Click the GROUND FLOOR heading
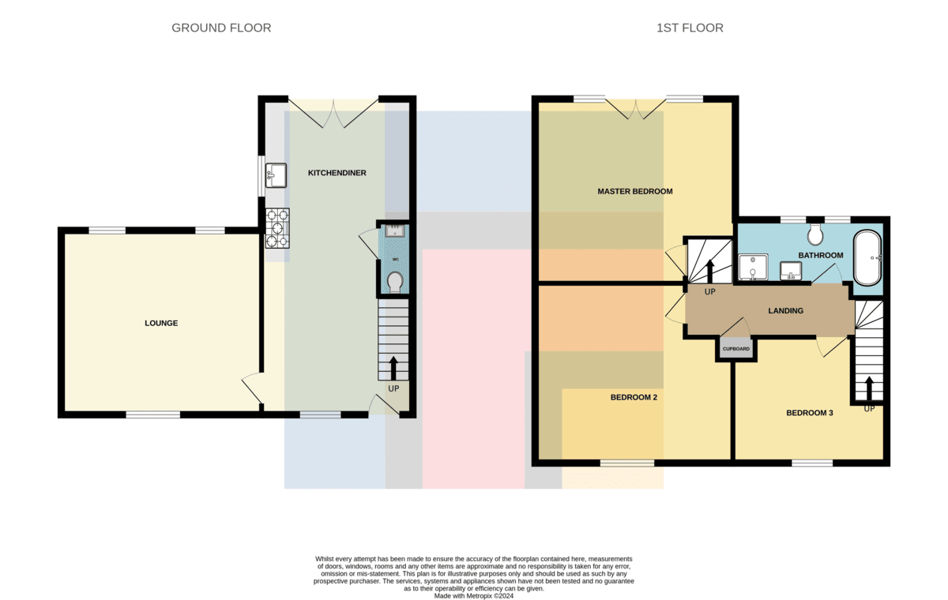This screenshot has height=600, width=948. pos(221,28)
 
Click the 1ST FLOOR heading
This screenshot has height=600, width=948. pos(690,28)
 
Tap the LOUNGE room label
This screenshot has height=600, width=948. pos(161,323)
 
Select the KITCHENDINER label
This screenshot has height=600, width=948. pos(337,173)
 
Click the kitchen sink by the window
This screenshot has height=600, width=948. pos(276,175)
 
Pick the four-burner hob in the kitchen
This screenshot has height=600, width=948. pos(277,228)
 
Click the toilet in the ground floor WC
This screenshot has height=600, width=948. pos(395,283)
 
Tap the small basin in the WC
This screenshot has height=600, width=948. pos(395,231)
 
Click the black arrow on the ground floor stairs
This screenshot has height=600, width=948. pos(393,368)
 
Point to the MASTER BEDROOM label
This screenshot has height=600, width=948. pos(635,192)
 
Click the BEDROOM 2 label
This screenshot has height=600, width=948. pos(634,397)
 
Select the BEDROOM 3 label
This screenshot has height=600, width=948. pos(810,413)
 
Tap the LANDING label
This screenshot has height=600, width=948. pos(785,311)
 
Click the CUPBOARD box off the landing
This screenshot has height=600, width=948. pos(736,349)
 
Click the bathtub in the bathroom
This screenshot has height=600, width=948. pos(867,258)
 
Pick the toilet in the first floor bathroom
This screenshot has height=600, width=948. pos(814,234)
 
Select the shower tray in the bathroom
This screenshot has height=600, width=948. pos(753,267)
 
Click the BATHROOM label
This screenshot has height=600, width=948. pos(821,255)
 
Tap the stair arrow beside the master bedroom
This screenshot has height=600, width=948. pos(710,271)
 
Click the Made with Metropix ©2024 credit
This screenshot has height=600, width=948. pos(473,596)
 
